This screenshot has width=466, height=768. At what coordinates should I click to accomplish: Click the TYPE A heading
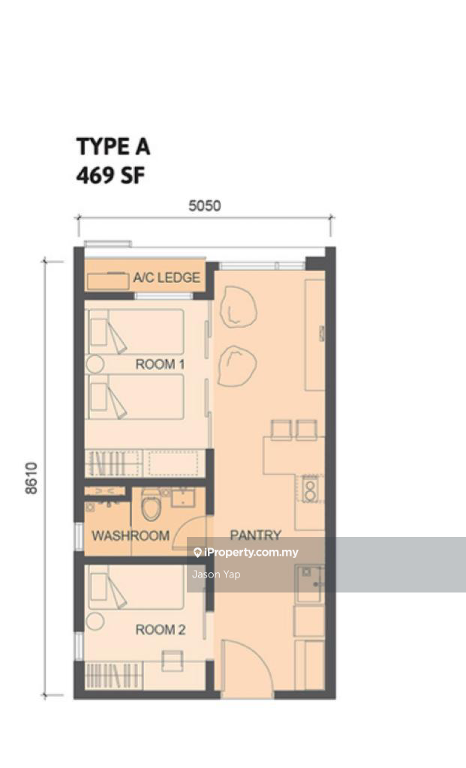(x=113, y=146)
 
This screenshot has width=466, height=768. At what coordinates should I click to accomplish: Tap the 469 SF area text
(x=111, y=175)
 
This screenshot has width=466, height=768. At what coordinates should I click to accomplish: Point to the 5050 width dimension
(x=205, y=205)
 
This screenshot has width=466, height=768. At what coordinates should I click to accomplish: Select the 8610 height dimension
(x=31, y=478)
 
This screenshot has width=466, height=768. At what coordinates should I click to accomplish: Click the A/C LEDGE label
(x=167, y=277)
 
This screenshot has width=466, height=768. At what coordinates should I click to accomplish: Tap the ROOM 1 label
(x=161, y=364)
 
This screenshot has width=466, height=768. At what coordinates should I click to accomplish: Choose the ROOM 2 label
(x=161, y=630)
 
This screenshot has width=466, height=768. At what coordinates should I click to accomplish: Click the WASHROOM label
(x=131, y=535)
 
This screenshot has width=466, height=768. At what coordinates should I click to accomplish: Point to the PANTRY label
(x=256, y=535)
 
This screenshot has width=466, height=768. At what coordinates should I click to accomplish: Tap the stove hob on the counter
(x=309, y=489)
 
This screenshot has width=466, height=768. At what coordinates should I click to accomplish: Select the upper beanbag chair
(x=238, y=307)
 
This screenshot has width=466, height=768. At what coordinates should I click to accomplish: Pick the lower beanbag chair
(x=237, y=366)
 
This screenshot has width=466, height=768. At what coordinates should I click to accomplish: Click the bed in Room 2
(x=136, y=586)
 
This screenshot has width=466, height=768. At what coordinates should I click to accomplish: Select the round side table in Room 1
(x=95, y=364)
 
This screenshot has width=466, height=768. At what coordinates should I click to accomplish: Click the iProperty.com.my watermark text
(x=246, y=553)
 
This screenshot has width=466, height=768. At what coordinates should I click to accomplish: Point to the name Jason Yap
(x=216, y=574)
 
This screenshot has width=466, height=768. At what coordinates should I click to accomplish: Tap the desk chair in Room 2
(x=173, y=660)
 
